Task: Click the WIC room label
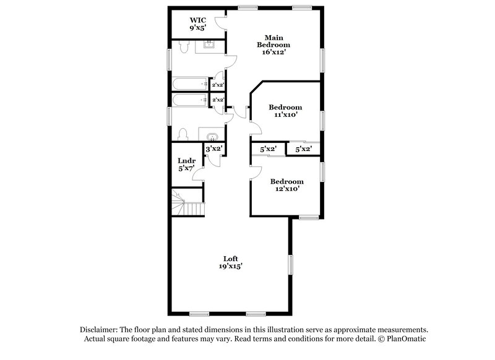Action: pos(198,19)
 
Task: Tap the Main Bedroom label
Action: pos(273,41)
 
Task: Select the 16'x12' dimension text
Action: pos(273,53)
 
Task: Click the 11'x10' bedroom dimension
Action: pos(285,115)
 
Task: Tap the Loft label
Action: pos(230,258)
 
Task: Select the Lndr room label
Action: pos(187,161)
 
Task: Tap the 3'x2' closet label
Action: pos(213,149)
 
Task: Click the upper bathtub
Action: pos(190,84)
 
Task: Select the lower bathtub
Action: pos(190,100)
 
